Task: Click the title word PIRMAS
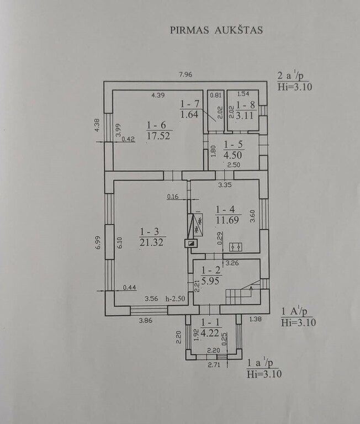[x=189, y=30]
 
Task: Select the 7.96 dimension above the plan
[x=186, y=75]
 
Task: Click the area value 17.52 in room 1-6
[x=158, y=135]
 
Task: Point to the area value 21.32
[x=151, y=242]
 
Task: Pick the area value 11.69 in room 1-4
[x=227, y=220]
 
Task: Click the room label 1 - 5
[x=233, y=145]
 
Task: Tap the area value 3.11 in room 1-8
[x=245, y=115]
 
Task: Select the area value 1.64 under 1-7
[x=189, y=114]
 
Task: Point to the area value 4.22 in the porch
[x=210, y=332]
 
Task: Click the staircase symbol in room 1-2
[x=243, y=291]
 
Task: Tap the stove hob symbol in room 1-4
[x=236, y=247]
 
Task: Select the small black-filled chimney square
[x=192, y=243]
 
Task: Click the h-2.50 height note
[x=175, y=299]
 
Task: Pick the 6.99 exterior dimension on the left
[x=98, y=242]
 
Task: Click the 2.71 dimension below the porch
[x=214, y=365]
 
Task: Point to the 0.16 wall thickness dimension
[x=173, y=197]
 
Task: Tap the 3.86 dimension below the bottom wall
[x=146, y=321]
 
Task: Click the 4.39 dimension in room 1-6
[x=158, y=95]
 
